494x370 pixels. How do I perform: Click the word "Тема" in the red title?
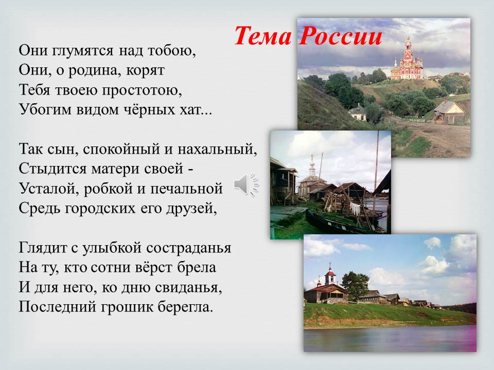pyautogui.click(x=263, y=35)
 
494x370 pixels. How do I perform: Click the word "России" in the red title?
pyautogui.click(x=341, y=35)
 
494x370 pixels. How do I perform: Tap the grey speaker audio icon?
pyautogui.click(x=246, y=184)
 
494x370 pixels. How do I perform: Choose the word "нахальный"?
pyautogui.click(x=217, y=149)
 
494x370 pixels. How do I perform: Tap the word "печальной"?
pyautogui.click(x=186, y=189)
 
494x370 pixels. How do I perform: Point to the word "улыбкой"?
pyautogui.click(x=112, y=248)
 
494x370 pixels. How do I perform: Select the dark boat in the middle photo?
pyautogui.click(x=334, y=224)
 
